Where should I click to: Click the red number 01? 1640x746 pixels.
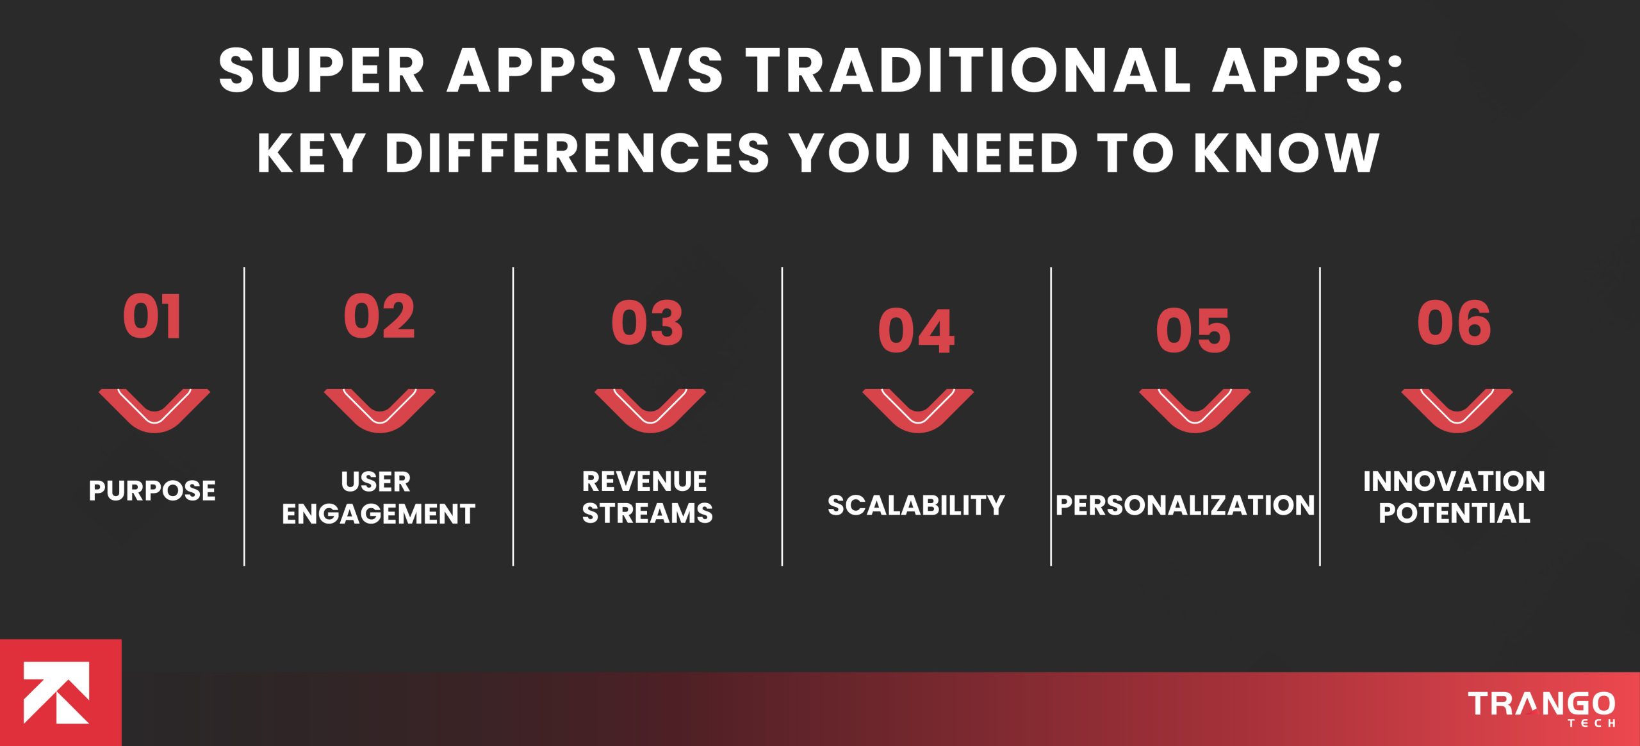point(152,317)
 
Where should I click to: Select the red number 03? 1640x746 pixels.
point(647,323)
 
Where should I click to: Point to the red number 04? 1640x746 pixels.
point(916,331)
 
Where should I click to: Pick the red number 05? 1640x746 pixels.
point(1193,331)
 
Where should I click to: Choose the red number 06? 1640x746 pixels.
point(1454,323)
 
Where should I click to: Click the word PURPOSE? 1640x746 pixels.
point(152,491)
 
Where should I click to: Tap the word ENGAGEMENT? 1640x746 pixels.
point(378,514)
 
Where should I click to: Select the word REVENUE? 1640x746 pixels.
point(644,481)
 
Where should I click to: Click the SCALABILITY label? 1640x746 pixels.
point(916,506)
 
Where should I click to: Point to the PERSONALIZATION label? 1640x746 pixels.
point(1185,506)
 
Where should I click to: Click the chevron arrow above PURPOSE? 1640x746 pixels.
point(154,410)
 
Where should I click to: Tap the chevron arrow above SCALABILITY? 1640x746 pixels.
point(918,410)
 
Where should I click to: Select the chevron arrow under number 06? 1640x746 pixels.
point(1457,410)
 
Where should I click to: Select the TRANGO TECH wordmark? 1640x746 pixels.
point(1541,708)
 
